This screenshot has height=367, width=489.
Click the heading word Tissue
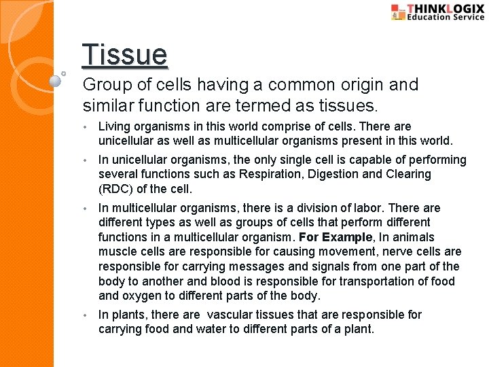click(124, 55)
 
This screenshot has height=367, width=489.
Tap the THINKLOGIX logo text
click(446, 8)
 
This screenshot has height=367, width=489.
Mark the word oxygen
click(142, 296)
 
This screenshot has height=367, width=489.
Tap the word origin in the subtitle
click(371, 85)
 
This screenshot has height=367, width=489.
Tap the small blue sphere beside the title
click(56, 80)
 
